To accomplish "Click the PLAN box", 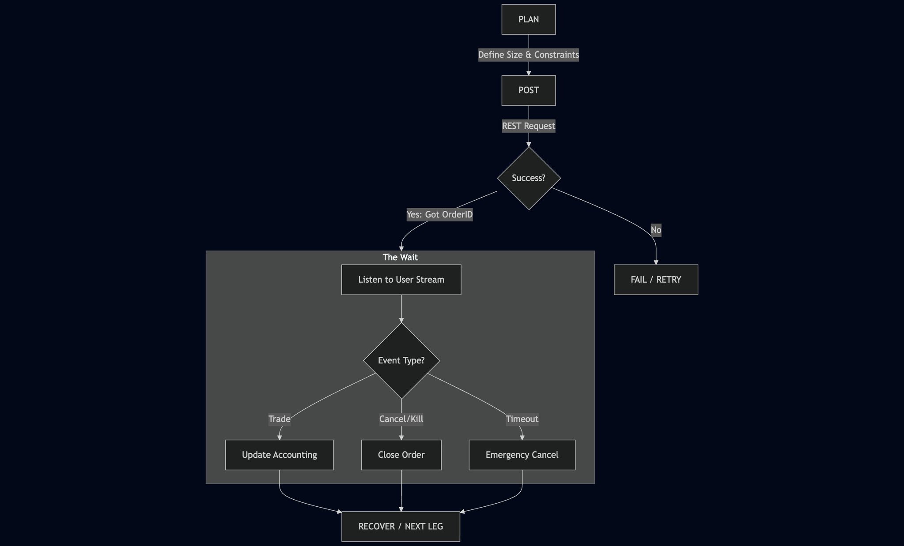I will [x=528, y=19].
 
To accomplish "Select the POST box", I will [x=528, y=90].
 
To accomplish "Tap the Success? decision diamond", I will [x=529, y=178].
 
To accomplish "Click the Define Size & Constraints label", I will [x=528, y=55].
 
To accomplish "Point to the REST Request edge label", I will [x=528, y=126].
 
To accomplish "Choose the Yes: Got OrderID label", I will [x=439, y=215].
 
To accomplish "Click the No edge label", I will [x=656, y=230].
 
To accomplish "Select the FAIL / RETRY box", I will [x=656, y=280].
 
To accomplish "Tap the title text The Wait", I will [x=400, y=257].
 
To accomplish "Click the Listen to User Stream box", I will [x=401, y=280].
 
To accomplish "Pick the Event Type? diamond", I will [x=401, y=361].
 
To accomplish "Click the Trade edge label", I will [x=280, y=419].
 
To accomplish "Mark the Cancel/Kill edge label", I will [x=401, y=419].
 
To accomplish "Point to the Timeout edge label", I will [x=522, y=419].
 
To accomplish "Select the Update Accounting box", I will [x=279, y=455].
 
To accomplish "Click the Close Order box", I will [x=401, y=455].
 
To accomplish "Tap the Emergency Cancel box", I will [x=522, y=455].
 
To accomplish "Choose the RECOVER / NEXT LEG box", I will [x=401, y=527].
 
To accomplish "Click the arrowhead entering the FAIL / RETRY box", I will [x=656, y=262].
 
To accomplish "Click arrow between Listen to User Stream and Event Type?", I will [x=401, y=309].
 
